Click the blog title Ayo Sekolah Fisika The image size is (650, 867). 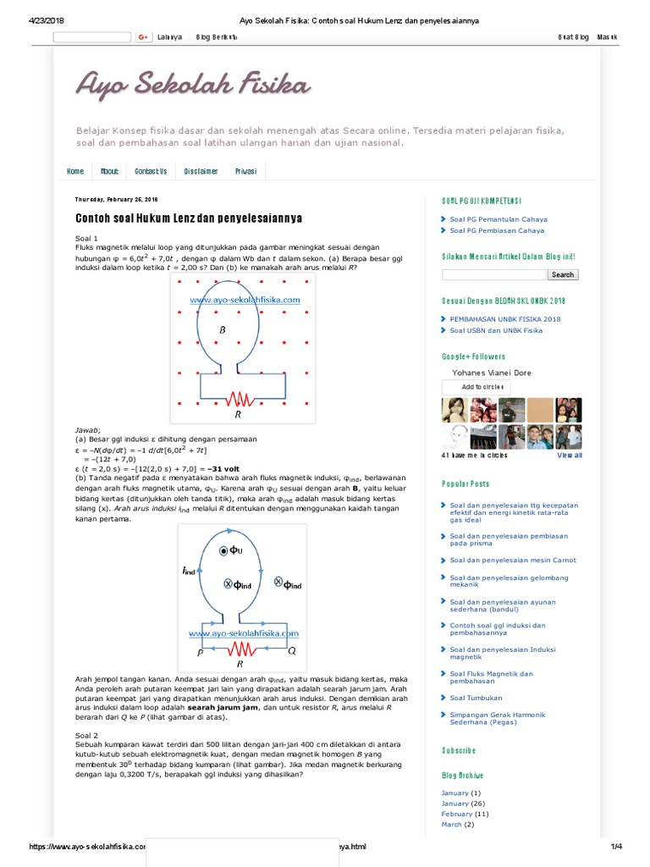point(193,85)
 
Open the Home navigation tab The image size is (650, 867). point(75,171)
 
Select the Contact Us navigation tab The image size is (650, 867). point(151,171)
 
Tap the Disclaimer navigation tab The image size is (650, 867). point(201,171)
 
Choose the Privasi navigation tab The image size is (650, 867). point(245,171)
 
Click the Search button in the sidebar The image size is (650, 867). point(562,274)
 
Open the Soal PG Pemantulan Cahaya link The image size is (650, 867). point(497,218)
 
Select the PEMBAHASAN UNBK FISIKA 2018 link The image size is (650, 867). point(505,319)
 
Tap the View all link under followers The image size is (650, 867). point(570,456)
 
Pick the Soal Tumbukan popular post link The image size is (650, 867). point(476,699)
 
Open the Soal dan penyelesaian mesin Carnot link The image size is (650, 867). point(513,560)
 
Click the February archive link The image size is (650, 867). point(456,814)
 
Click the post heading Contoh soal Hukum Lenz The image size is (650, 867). point(189,218)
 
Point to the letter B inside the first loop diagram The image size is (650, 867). point(223,329)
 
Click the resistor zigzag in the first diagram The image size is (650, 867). point(239,398)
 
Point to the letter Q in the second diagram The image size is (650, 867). point(292,652)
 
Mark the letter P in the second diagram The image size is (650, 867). point(201,653)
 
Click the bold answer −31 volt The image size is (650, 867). point(226,468)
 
